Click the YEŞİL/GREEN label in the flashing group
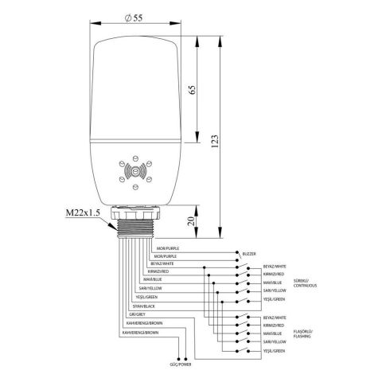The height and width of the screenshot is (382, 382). pyautogui.click(x=273, y=350)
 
